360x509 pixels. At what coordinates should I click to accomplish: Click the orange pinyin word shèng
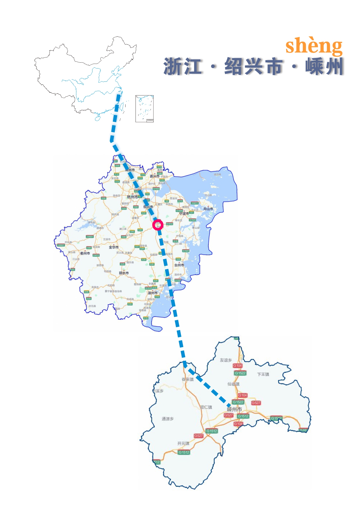[314, 46]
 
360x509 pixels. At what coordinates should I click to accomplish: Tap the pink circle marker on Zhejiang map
[158, 225]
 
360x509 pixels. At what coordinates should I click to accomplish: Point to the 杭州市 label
[132, 197]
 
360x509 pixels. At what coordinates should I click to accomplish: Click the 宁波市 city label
[184, 213]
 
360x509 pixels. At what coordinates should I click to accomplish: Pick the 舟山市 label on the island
[208, 209]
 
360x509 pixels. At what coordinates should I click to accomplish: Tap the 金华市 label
[114, 247]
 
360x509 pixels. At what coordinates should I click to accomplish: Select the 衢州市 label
[85, 253]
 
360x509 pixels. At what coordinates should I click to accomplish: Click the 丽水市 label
[124, 273]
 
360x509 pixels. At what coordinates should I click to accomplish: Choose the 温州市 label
[152, 293]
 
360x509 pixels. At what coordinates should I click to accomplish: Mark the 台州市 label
[179, 265]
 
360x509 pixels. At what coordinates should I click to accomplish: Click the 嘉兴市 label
[155, 176]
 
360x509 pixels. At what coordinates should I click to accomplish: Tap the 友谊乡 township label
[226, 360]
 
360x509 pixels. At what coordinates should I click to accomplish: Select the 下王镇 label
[263, 374]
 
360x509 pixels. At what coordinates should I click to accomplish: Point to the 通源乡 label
[168, 419]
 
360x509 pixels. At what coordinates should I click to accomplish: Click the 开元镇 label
[183, 443]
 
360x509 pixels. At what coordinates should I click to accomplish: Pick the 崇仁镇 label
[206, 407]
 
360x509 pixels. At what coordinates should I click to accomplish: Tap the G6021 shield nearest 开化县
[61, 245]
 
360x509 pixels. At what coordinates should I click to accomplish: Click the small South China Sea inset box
[145, 109]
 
